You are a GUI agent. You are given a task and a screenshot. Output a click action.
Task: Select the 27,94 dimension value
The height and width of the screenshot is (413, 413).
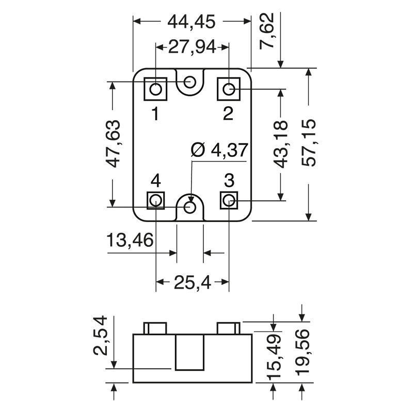[x=192, y=47]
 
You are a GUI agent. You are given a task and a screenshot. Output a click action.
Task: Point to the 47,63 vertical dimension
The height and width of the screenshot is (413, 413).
[x=113, y=144]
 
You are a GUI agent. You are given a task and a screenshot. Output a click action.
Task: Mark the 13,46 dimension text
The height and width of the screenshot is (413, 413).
[x=130, y=241]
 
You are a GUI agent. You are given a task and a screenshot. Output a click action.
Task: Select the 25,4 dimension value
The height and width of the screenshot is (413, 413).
[x=192, y=282]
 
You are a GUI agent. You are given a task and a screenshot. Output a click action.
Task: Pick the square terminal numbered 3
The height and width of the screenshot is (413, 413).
[x=229, y=200]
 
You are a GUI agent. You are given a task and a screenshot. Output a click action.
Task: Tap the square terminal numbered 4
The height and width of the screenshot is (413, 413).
[x=156, y=200]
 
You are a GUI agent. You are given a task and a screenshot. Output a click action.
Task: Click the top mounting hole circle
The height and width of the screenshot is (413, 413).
[x=190, y=82]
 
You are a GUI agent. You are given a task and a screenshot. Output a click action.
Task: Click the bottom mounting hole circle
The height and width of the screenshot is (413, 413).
[x=190, y=208]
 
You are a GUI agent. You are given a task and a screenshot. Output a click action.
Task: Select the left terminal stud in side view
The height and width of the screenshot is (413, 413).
[x=155, y=328]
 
